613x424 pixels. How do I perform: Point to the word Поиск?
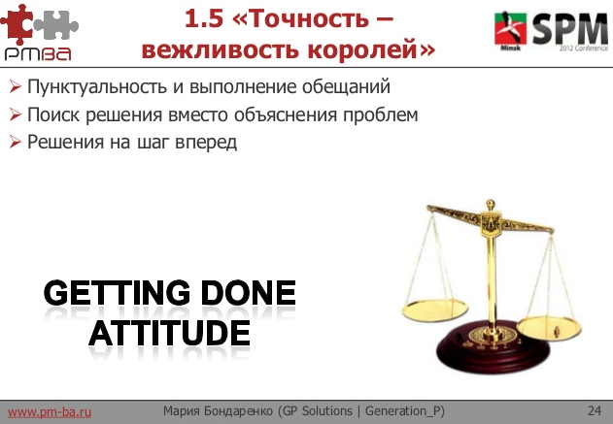(52, 114)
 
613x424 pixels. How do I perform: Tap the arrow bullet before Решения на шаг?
(15, 142)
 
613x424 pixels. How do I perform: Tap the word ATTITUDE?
(169, 333)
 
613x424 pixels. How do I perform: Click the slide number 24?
(594, 411)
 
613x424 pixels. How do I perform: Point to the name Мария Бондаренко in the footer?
(218, 411)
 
